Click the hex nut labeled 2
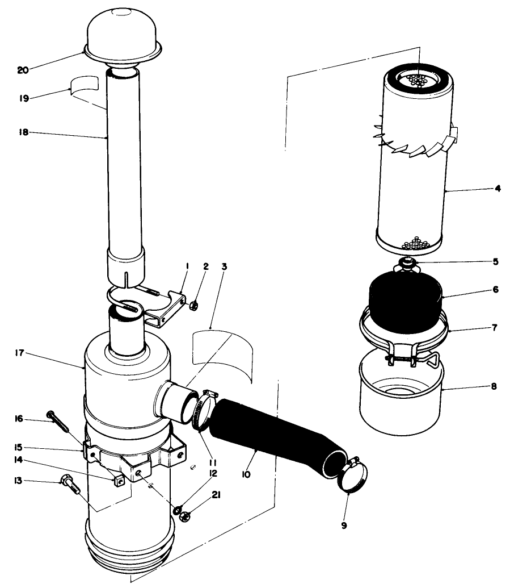(x=192, y=306)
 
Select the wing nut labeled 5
(x=406, y=263)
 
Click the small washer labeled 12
(x=178, y=506)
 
